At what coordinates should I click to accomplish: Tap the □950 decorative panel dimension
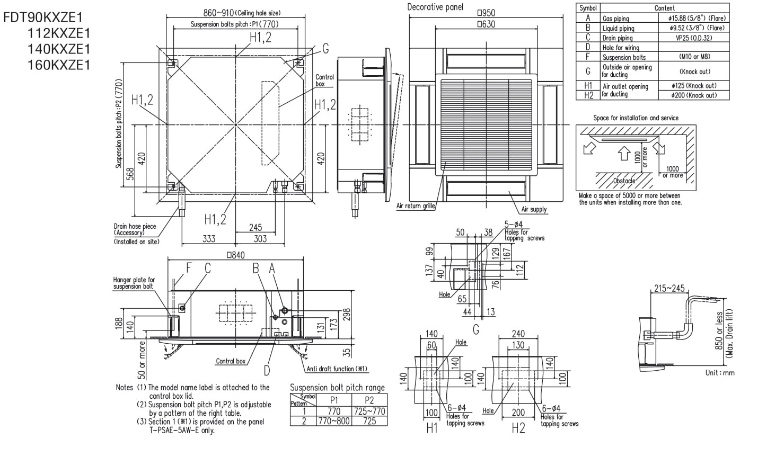click(486, 13)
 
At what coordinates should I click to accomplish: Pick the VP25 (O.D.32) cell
click(694, 38)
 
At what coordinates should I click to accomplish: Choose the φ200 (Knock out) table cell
click(694, 95)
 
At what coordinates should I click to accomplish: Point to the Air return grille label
click(416, 205)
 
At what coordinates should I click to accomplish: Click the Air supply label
click(534, 209)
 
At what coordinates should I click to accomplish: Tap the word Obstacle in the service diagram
click(624, 181)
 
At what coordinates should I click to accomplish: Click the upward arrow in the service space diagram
click(624, 153)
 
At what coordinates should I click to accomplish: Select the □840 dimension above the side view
click(235, 255)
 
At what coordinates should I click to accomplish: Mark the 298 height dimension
click(347, 315)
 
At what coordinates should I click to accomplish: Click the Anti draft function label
click(337, 369)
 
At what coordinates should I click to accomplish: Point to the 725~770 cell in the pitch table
click(369, 412)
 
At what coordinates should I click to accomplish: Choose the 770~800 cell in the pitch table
click(333, 421)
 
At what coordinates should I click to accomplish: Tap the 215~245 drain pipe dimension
click(669, 288)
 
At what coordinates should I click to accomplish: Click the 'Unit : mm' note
click(720, 373)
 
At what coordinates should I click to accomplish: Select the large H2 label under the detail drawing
click(518, 428)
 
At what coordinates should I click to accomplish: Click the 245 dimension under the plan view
click(255, 228)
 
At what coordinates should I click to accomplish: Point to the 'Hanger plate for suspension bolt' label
click(134, 283)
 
